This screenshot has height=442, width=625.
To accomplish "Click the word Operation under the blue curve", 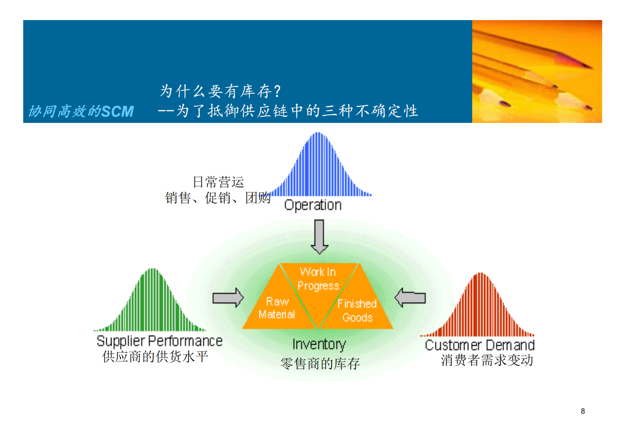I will coord(313,205).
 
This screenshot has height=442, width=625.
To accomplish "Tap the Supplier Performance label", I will coord(159,341).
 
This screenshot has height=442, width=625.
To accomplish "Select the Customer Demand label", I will coord(479,345).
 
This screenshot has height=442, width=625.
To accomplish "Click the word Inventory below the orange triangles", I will coord(319,344).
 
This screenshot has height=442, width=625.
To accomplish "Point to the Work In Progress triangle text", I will coord(318,279).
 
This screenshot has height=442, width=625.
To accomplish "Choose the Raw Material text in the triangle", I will coord(277,308).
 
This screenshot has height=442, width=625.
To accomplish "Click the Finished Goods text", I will coord(357,310).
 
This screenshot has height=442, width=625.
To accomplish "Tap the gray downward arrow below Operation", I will coord(319,236).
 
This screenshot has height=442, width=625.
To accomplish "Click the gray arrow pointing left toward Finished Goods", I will coord(410,298).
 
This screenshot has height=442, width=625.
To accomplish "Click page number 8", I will coord(583,411).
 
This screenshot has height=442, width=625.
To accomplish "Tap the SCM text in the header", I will coord(117,112).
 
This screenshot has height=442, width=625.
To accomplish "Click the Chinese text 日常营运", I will coord(218,182).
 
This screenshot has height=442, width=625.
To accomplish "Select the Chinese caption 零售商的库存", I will coord(320,363).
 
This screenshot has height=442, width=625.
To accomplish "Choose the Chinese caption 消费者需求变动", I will coord(487,360).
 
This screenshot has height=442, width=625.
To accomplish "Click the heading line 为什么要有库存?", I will coord(220,91).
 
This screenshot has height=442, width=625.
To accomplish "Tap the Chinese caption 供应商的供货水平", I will coord(155,357).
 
